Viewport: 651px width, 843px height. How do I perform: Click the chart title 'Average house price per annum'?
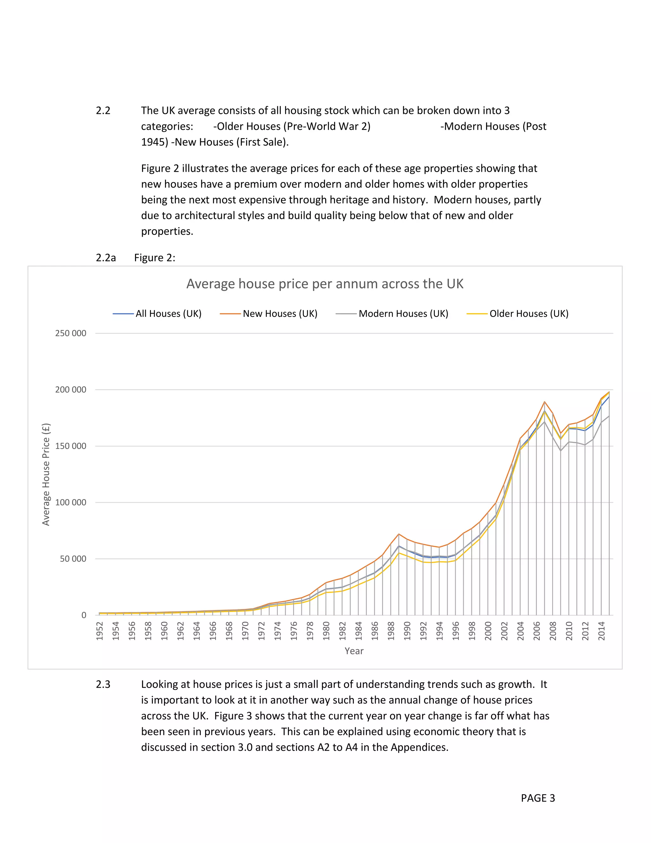point(325,284)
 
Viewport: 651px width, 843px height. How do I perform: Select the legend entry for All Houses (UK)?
point(168,313)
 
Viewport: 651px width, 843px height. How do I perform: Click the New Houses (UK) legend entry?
point(280,313)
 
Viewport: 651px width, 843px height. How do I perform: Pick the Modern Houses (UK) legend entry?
point(403,313)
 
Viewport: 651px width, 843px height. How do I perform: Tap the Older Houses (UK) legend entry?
point(529,313)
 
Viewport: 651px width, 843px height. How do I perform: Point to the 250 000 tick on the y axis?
point(71,333)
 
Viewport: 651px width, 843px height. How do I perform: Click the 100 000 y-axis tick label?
point(71,502)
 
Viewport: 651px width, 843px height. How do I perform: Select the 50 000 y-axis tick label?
point(73,559)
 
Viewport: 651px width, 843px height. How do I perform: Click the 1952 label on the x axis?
point(99,631)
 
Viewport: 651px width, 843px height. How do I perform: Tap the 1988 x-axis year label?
point(391,631)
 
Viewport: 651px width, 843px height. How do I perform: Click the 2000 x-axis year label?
point(488,631)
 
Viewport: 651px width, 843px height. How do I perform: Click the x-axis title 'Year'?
point(354,651)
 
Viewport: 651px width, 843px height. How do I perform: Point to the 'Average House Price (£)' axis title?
point(46,474)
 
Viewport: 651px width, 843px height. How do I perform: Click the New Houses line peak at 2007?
point(545,402)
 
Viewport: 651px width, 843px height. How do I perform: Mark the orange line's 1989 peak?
point(399,534)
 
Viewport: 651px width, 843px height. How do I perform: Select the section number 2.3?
point(103,684)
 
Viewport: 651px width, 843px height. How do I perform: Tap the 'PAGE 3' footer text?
point(538,798)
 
